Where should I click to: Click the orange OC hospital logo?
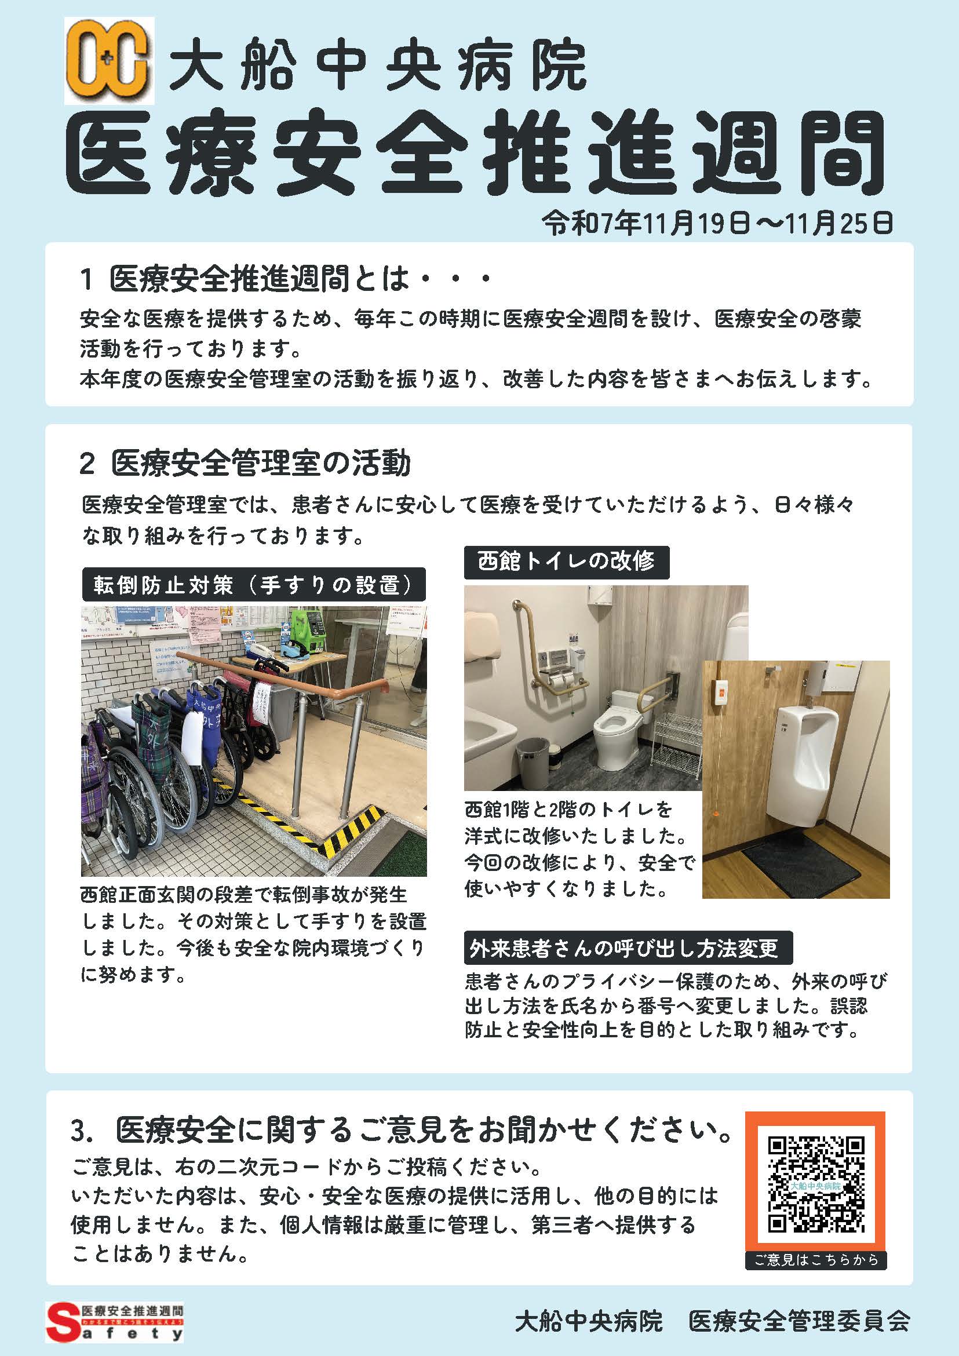pyautogui.click(x=110, y=61)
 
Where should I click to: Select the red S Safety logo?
pyautogui.click(x=115, y=1321)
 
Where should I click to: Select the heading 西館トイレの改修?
pyautogui.click(x=566, y=562)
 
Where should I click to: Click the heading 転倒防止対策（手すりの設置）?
pyautogui.click(x=253, y=585)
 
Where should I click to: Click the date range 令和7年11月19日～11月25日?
pyautogui.click(x=717, y=224)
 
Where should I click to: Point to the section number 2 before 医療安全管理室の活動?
pyautogui.click(x=87, y=464)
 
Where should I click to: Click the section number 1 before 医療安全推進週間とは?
pyautogui.click(x=86, y=279)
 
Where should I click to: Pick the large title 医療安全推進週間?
pyautogui.click(x=475, y=152)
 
